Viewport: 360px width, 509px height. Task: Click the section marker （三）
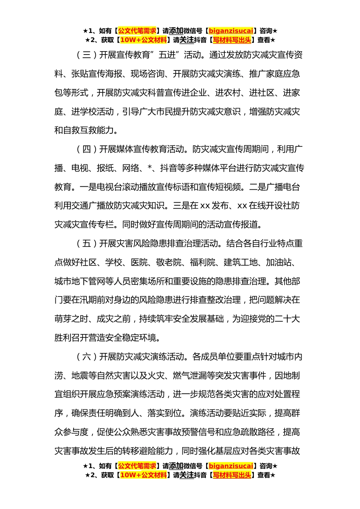click(x=86, y=55)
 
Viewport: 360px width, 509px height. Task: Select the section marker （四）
click(x=86, y=150)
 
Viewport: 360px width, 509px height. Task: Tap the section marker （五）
click(x=86, y=244)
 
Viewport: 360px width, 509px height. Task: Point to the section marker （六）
click(x=86, y=357)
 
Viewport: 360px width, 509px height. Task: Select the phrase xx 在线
click(x=251, y=206)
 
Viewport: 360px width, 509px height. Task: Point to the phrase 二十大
click(x=287, y=319)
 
